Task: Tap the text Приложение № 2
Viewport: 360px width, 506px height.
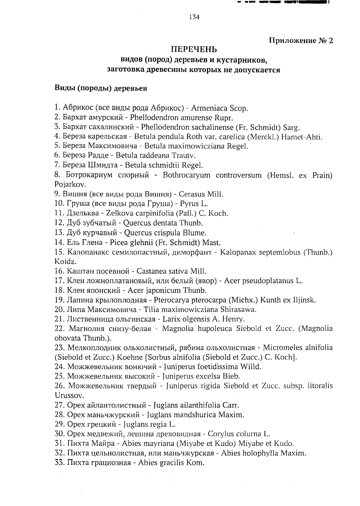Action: click(301, 41)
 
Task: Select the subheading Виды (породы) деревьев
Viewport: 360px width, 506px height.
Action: click(101, 89)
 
